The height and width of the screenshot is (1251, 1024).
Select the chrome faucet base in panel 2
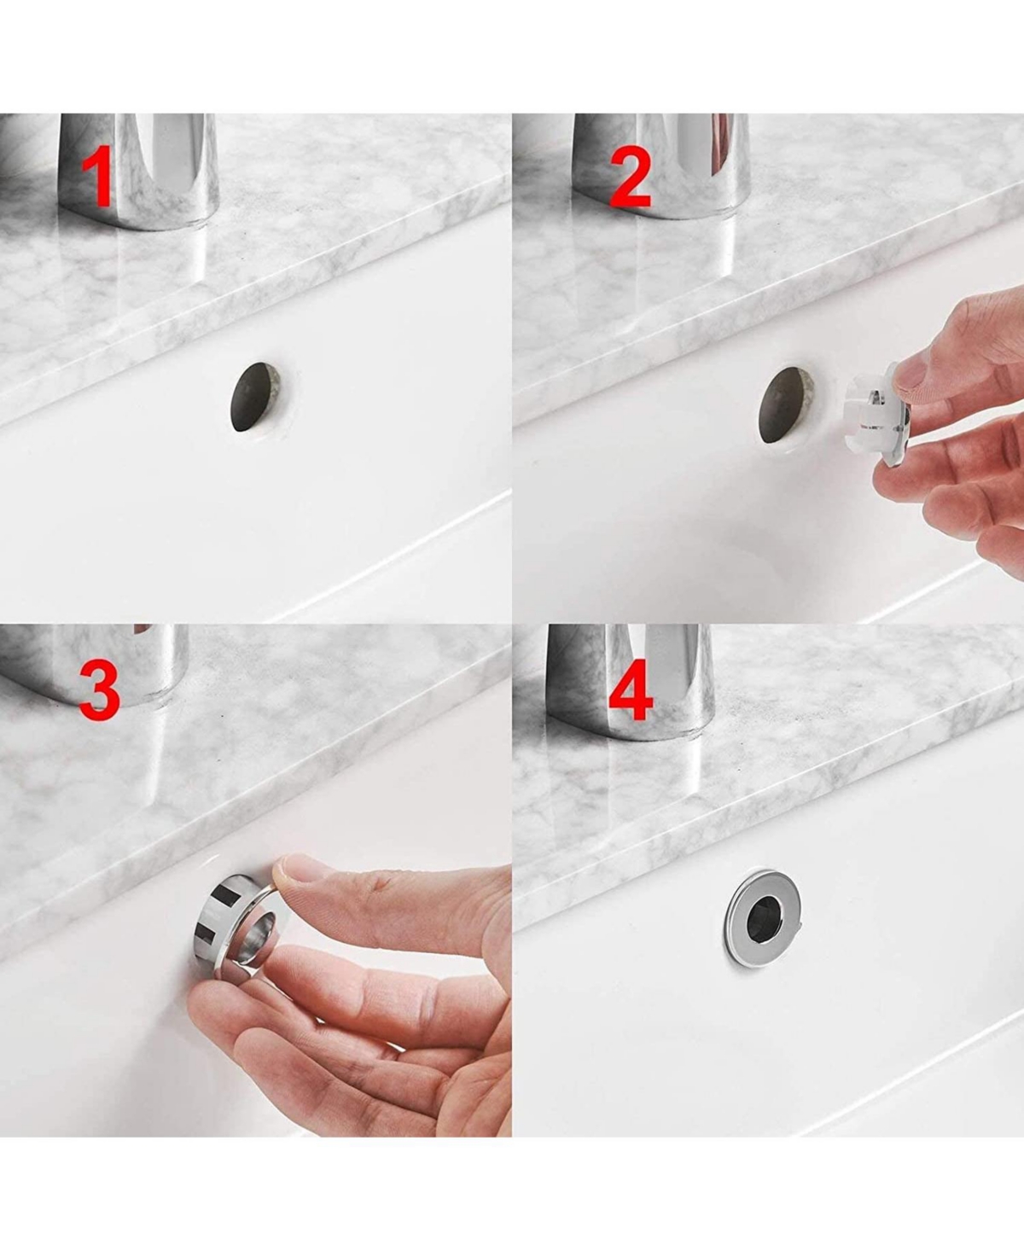661,169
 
